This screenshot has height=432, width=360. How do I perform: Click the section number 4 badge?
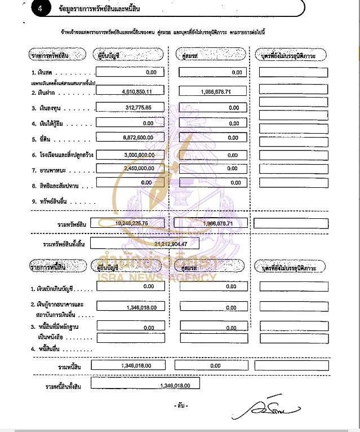coord(41,9)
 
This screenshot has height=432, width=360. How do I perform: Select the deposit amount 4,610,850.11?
coord(132,91)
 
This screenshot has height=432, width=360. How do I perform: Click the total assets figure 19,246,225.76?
coord(131,223)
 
